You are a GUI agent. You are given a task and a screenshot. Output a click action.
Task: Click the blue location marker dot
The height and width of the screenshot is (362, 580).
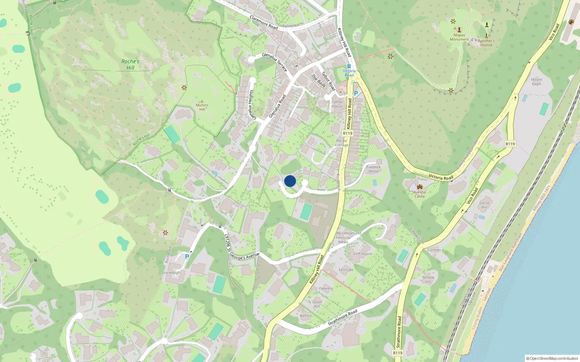290,181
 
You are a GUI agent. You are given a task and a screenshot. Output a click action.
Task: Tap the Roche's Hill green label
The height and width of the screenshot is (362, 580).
130,64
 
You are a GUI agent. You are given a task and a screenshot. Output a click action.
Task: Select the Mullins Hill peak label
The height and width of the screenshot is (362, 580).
202,107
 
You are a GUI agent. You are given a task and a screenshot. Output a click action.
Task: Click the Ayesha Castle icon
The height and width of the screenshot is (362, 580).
420,187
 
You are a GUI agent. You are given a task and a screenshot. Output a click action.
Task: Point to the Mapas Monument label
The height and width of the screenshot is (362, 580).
459,37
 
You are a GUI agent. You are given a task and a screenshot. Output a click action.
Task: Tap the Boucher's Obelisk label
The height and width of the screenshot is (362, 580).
486,43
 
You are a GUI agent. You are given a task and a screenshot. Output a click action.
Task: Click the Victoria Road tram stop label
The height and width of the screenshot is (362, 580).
349,73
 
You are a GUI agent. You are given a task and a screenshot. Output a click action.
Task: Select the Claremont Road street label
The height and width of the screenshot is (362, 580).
264,22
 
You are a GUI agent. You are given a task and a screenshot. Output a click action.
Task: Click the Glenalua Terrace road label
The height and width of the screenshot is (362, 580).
274,62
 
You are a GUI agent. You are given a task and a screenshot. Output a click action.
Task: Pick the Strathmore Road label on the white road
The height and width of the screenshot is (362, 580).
343,317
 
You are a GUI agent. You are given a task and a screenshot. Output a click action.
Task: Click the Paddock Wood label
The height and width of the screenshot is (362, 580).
373,169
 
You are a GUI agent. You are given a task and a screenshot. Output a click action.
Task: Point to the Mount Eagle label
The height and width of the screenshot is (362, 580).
536,81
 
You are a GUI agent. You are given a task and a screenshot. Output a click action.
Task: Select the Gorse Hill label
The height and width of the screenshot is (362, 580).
484,205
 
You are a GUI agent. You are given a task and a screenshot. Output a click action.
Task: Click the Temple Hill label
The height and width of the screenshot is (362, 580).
428,279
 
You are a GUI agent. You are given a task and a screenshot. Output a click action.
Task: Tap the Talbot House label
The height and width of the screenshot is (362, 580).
337,104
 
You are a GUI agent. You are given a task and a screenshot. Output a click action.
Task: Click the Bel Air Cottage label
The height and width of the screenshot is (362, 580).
341,143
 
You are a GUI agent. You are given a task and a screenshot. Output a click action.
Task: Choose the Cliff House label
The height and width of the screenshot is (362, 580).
363,254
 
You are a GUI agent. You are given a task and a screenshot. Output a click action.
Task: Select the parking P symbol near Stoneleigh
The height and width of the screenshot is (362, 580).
187,257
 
